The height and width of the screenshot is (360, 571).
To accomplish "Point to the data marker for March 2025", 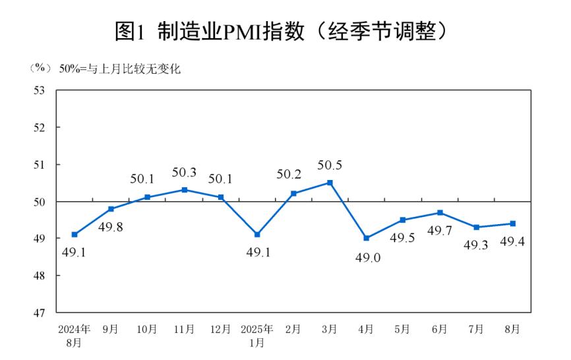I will pos(330,182).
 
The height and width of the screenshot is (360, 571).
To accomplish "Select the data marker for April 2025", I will pos(367,238).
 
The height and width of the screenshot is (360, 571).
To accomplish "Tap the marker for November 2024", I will pos(185,190).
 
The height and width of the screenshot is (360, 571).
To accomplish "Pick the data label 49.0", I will pos(367,258).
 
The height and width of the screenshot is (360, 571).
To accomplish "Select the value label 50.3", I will pos(185,173).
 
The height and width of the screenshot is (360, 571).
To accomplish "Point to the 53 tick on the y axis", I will pos(39,90).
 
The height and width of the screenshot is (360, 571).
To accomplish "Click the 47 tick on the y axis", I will pos(39,313).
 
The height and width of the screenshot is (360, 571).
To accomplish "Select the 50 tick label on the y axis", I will pos(39,202).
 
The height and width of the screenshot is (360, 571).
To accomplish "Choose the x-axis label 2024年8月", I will pos(75,335).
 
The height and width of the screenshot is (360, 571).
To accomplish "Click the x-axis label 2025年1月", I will pos(257,335).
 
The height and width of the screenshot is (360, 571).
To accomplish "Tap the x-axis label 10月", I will pos(148,328).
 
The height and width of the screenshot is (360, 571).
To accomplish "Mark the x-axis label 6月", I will pos(440,328).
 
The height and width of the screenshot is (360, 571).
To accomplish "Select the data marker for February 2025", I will pos(294,193).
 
